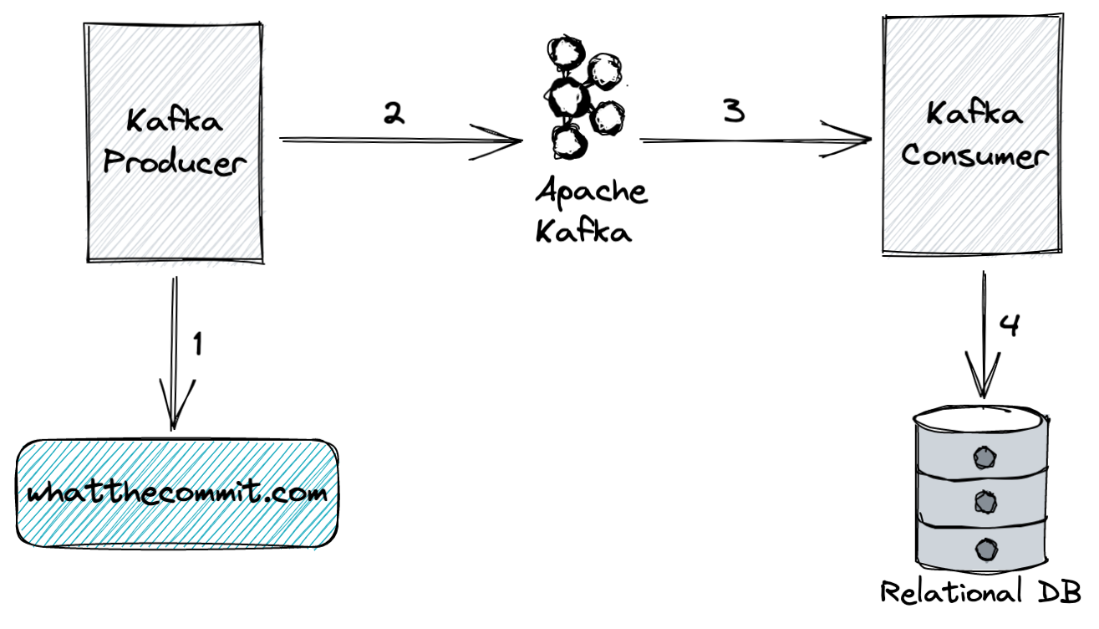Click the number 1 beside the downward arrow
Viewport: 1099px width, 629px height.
pyautogui.click(x=197, y=345)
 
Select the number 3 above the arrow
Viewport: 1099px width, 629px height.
pyautogui.click(x=733, y=110)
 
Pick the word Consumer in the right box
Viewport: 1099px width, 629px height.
pyautogui.click(x=974, y=156)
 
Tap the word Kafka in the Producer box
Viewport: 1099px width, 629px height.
pyautogui.click(x=175, y=121)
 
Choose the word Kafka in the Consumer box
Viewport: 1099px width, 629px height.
pyautogui.click(x=974, y=113)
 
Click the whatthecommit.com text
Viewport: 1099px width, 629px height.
pyautogui.click(x=177, y=493)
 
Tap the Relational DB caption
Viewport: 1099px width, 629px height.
pyautogui.click(x=981, y=592)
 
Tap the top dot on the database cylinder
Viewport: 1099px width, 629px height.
pyautogui.click(x=985, y=457)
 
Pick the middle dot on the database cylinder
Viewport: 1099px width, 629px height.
pyautogui.click(x=985, y=502)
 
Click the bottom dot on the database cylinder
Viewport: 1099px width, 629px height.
pyautogui.click(x=985, y=549)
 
